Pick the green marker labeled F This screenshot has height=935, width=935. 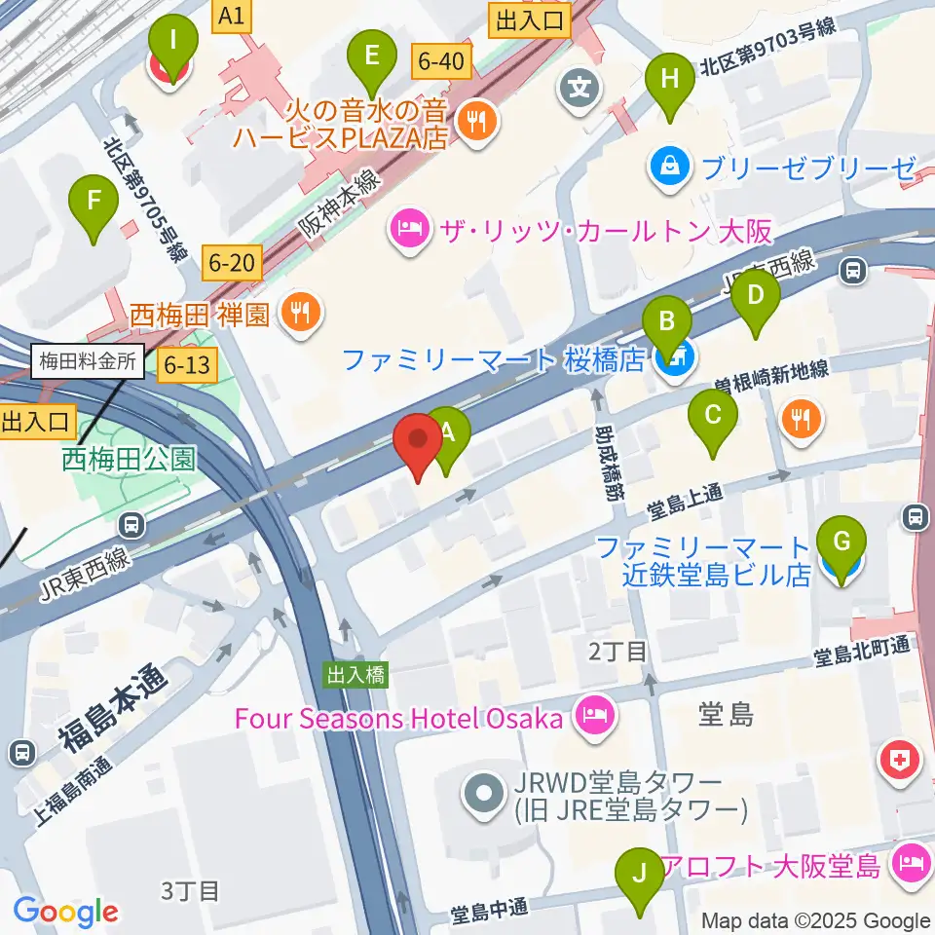click(94, 205)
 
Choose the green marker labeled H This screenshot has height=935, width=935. click(669, 83)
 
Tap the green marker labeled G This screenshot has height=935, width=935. click(841, 544)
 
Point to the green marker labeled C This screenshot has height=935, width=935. click(713, 418)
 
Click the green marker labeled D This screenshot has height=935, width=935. click(757, 297)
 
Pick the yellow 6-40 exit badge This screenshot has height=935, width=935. click(440, 60)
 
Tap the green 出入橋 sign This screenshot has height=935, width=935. click(355, 674)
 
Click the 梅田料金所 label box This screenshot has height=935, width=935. click(88, 363)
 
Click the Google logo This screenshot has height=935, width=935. click(66, 911)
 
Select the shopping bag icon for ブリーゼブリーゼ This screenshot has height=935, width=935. click(671, 167)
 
